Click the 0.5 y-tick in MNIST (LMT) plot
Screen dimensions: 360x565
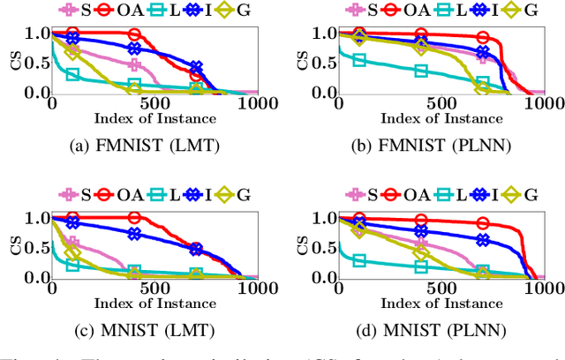29,248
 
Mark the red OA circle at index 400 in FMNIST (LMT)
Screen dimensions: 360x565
134,35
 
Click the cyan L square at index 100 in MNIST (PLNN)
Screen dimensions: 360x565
359,260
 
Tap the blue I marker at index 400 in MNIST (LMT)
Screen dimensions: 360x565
134,234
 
